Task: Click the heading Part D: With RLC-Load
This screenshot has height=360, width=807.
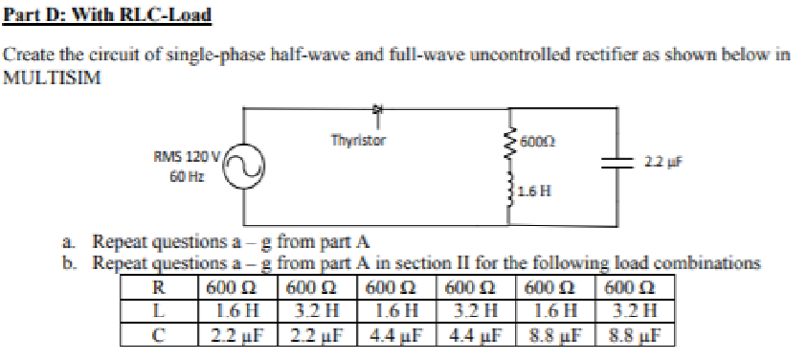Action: (107, 16)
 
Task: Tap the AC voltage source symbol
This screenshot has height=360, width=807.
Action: (245, 170)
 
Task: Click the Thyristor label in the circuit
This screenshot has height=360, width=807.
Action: (358, 140)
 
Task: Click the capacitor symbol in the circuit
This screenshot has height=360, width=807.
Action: (614, 164)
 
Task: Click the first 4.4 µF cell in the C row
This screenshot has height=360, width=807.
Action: (392, 333)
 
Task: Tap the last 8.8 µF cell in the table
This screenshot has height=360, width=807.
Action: (632, 333)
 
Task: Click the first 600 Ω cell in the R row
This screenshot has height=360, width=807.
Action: (234, 287)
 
